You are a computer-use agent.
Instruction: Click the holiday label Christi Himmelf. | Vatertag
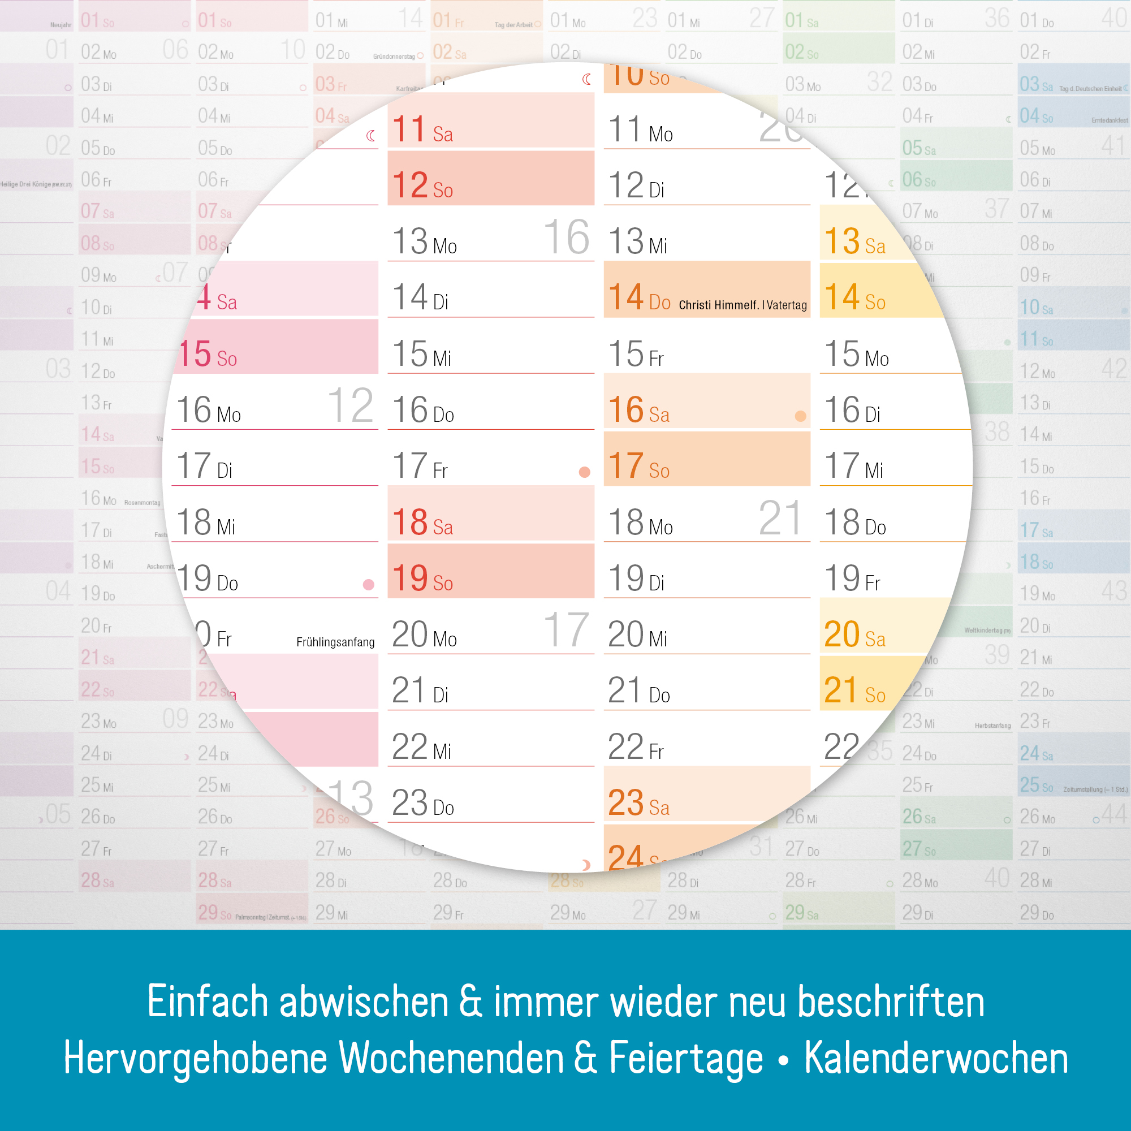coord(743,305)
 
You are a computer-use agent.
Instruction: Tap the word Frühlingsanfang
coord(335,642)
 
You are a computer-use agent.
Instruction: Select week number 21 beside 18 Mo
coord(779,518)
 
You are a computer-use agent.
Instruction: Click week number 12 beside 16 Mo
coord(350,405)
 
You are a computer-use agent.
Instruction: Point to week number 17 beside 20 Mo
coord(566,631)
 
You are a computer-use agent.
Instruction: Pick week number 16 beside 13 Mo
coord(566,237)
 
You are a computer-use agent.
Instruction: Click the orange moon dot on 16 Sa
coord(800,416)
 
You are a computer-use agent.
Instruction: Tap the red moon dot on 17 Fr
coord(584,472)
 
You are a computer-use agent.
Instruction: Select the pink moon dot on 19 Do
coord(368,585)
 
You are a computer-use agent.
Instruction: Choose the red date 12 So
coord(422,185)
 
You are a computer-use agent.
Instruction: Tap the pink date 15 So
coord(208,354)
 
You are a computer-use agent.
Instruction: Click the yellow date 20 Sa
coord(854,634)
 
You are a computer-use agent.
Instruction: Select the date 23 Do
coord(422,803)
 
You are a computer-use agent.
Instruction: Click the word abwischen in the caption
coord(364,1002)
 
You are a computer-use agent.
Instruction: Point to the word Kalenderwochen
coord(935,1059)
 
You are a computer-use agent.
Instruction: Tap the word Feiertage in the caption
coord(686,1059)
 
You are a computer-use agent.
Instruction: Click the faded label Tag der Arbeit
coord(513,24)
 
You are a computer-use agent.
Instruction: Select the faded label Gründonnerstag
coord(394,57)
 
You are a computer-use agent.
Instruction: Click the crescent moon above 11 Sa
coord(586,79)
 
